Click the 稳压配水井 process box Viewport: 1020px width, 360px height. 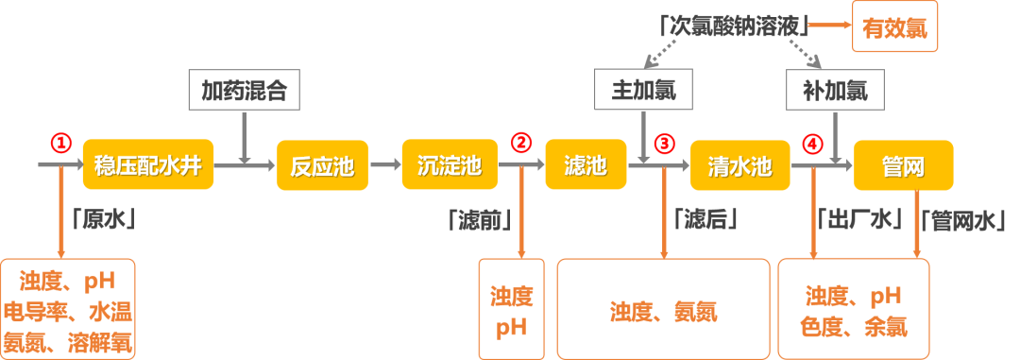click(148, 165)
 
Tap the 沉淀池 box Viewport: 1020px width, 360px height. click(449, 165)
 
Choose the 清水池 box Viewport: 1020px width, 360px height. click(739, 165)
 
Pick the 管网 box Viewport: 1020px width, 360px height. click(900, 165)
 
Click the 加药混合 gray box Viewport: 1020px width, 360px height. click(244, 91)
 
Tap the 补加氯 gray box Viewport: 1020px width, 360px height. click(835, 91)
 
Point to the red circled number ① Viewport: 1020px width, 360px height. click(60, 144)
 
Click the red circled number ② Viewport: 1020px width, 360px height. click(521, 144)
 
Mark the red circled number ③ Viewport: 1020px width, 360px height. click(665, 144)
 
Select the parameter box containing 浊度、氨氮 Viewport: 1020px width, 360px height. click(663, 309)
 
